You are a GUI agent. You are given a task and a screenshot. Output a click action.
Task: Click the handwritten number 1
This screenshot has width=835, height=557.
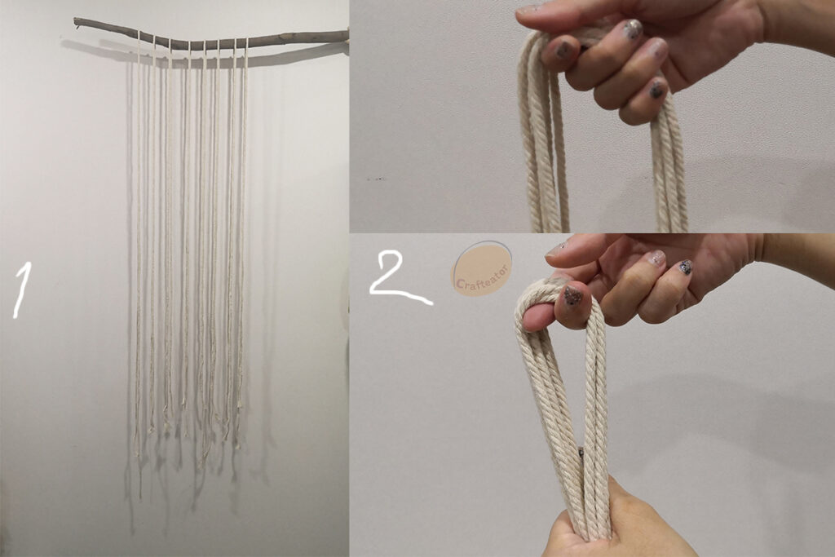[21, 291]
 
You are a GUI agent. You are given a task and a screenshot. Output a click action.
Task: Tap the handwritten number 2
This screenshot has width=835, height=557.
[400, 281]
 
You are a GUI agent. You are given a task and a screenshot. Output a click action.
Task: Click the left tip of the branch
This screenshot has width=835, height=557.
[75, 20]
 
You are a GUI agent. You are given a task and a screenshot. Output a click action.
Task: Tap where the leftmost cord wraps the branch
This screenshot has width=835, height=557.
[139, 36]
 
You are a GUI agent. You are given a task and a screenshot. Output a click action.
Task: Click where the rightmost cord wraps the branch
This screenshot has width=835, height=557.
[247, 42]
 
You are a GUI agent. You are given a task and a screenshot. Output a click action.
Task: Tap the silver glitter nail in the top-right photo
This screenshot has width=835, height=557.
[633, 29]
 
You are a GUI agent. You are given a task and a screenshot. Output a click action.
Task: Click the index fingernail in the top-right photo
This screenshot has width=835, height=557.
[560, 51]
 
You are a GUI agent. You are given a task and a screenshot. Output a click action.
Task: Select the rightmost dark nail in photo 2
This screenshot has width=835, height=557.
[685, 266]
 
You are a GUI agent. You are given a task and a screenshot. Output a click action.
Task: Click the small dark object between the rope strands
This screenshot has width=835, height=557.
[581, 453]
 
